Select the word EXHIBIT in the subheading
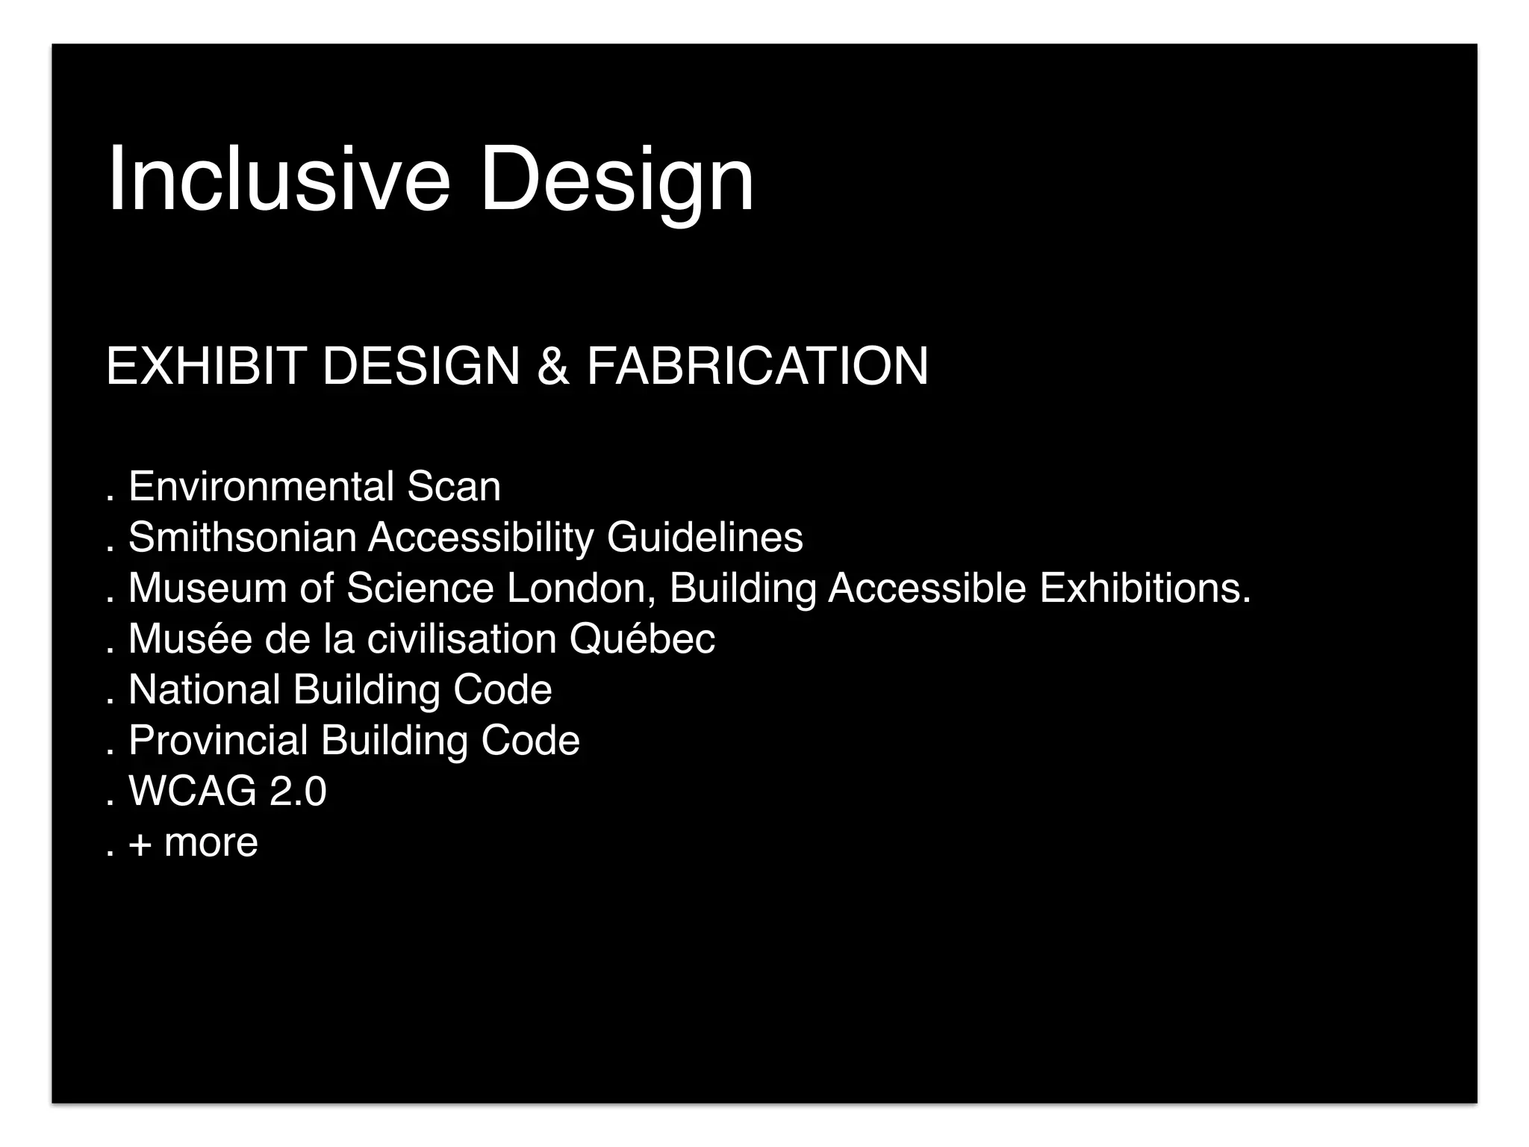click(x=206, y=366)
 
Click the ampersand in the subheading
click(x=552, y=366)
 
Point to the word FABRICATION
click(x=757, y=366)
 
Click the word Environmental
click(x=261, y=487)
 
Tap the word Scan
click(x=454, y=487)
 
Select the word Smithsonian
click(x=242, y=538)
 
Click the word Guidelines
click(x=705, y=538)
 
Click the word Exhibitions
click(x=1145, y=588)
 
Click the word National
click(x=204, y=690)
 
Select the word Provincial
click(x=218, y=741)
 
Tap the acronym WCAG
click(x=192, y=792)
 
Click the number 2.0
click(x=298, y=792)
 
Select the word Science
click(x=420, y=588)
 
